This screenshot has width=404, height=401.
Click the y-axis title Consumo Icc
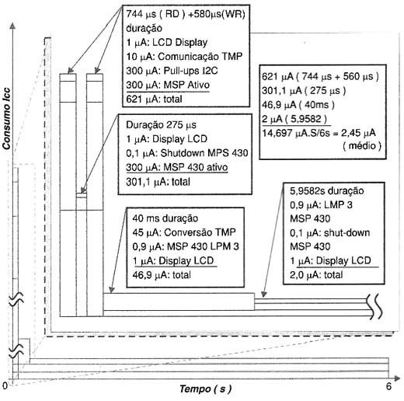tap(6, 119)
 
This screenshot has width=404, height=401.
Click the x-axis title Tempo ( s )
tap(205, 389)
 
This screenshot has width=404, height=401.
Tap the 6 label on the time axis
tap(388, 386)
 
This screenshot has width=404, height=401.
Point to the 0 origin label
tap(5, 385)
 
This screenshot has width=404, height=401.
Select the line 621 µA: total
tap(154, 99)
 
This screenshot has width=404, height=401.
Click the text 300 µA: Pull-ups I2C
tap(172, 71)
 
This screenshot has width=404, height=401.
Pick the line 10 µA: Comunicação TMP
tap(184, 56)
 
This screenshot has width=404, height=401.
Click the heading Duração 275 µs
tap(161, 125)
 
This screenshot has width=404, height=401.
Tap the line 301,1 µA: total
tap(158, 182)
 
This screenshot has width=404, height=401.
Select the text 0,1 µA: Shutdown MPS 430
tap(187, 153)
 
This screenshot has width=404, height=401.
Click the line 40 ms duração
tap(165, 218)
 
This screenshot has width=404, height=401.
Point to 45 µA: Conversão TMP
tap(184, 232)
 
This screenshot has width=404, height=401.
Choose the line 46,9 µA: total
tap(162, 275)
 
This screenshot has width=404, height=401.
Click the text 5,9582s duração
tap(327, 191)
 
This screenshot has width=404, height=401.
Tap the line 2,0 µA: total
tap(316, 275)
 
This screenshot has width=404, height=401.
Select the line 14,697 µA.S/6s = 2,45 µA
tap(319, 133)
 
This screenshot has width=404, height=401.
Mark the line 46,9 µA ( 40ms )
tap(298, 105)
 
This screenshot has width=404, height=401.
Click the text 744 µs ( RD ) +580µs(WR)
tap(186, 14)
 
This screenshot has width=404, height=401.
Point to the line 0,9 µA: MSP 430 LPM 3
tap(186, 246)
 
